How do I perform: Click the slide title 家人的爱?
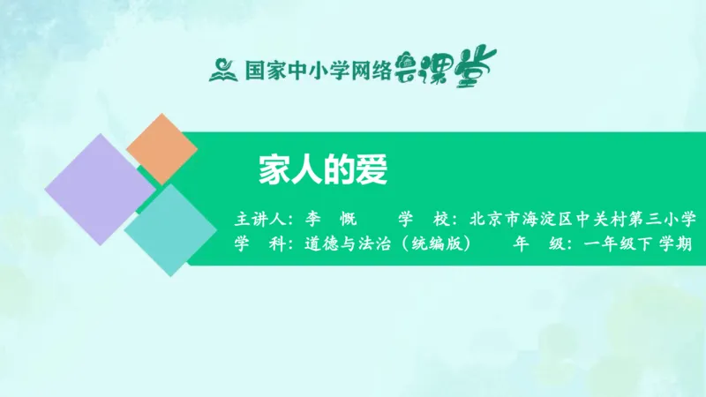[x=323, y=170]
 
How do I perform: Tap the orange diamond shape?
[x=162, y=149]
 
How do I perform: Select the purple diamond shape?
[x=99, y=189]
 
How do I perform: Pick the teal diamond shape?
[x=170, y=229]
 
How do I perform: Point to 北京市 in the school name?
[x=492, y=218]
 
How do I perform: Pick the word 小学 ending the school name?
[x=679, y=218]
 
